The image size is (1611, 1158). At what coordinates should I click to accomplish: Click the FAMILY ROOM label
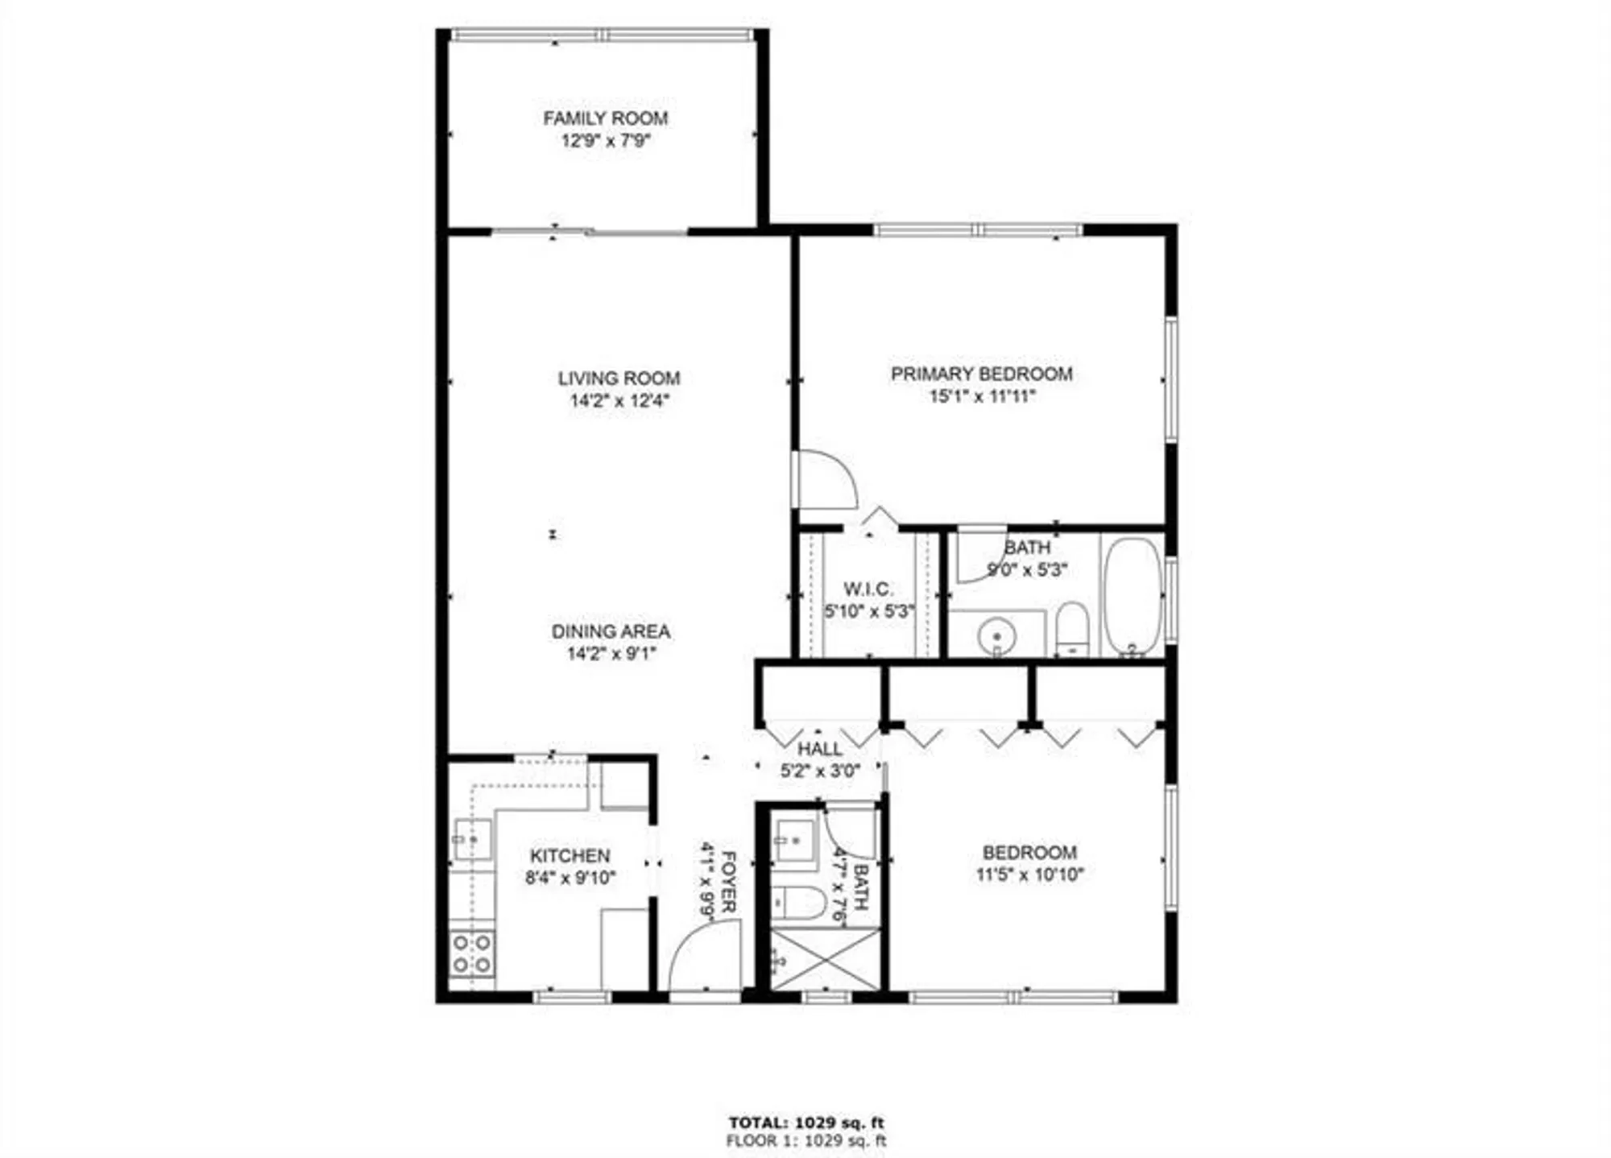(x=605, y=118)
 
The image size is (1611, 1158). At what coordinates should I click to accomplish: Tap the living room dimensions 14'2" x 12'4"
(x=619, y=400)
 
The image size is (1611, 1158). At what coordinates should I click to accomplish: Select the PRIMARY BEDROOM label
(x=981, y=374)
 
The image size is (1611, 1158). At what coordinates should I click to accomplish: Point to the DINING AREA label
(x=611, y=631)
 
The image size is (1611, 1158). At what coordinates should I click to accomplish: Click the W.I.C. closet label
(x=868, y=589)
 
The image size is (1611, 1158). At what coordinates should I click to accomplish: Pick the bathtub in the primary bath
(x=1132, y=596)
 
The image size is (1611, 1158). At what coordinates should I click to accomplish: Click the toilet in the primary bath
(x=1071, y=628)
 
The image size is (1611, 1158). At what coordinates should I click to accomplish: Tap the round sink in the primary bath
(x=996, y=637)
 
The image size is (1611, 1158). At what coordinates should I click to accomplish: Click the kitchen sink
(x=471, y=839)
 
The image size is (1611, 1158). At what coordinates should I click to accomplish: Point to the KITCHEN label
(x=569, y=855)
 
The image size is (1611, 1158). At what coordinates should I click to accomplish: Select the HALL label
(x=820, y=749)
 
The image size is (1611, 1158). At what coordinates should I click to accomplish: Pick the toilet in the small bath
(x=797, y=903)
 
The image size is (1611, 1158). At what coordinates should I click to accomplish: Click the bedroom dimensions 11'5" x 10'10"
(x=1029, y=875)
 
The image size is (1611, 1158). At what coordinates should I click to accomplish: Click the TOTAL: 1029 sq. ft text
(x=805, y=1123)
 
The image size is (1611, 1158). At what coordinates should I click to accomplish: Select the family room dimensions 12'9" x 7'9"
(x=605, y=141)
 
